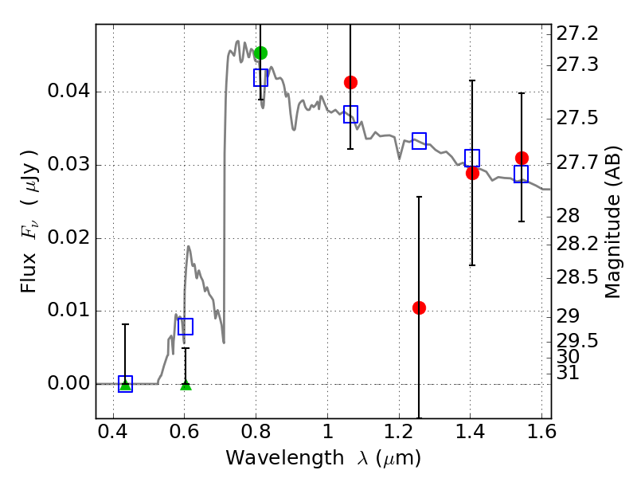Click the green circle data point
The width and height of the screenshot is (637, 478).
pos(260,53)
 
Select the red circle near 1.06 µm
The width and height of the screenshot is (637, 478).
pos(350,82)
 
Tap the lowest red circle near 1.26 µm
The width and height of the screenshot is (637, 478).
pos(419,308)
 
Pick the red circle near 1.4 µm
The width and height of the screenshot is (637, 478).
pos(472,173)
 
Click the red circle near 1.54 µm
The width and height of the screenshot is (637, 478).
pos(522,158)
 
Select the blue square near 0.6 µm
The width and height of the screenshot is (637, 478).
pos(186,327)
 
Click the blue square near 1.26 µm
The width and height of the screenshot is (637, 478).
pos(419,141)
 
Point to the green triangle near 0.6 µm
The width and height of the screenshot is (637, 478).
pos(186,385)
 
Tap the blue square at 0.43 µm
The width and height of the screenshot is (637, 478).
pos(125,384)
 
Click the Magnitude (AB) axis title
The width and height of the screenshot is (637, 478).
pos(612,221)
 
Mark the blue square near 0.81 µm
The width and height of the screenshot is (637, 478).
pos(260,77)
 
